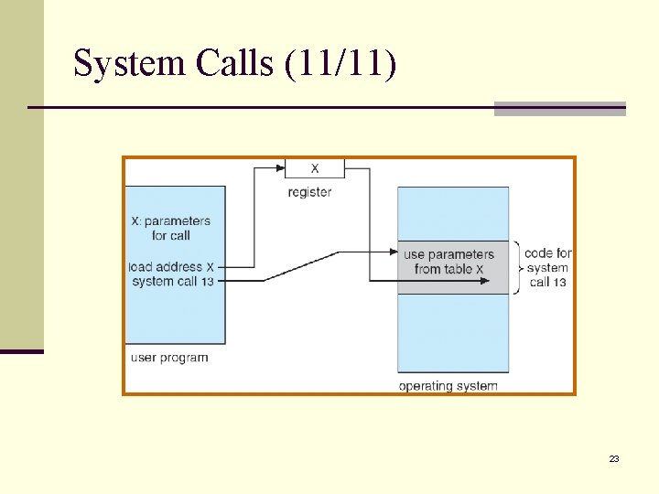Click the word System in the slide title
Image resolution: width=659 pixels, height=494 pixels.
coord(129,63)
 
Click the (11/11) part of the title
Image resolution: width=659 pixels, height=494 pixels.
coord(340,63)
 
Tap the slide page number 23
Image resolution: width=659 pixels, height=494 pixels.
coord(614,458)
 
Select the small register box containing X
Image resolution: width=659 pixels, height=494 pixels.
coord(314,168)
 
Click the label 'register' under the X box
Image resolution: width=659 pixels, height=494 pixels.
coord(309,192)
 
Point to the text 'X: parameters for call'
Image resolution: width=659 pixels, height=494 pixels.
coord(170,228)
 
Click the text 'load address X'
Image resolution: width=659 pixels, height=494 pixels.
coord(172,267)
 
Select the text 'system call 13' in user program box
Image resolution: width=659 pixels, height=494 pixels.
coord(172,281)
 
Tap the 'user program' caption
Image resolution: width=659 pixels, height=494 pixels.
coord(169,358)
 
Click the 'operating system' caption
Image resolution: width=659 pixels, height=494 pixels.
coord(448,386)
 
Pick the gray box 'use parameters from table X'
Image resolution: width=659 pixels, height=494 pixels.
coord(452,268)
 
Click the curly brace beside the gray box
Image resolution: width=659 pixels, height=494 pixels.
coord(518,268)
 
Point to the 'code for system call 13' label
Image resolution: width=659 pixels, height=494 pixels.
coord(548,268)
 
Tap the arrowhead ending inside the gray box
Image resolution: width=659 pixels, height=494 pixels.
coord(483,281)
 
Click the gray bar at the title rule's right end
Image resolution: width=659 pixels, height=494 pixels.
coord(559,109)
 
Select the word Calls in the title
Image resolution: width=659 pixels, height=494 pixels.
coord(234,63)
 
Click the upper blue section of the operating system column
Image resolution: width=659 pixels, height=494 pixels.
coord(452,214)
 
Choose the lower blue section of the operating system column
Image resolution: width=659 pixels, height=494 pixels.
coord(452,333)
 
